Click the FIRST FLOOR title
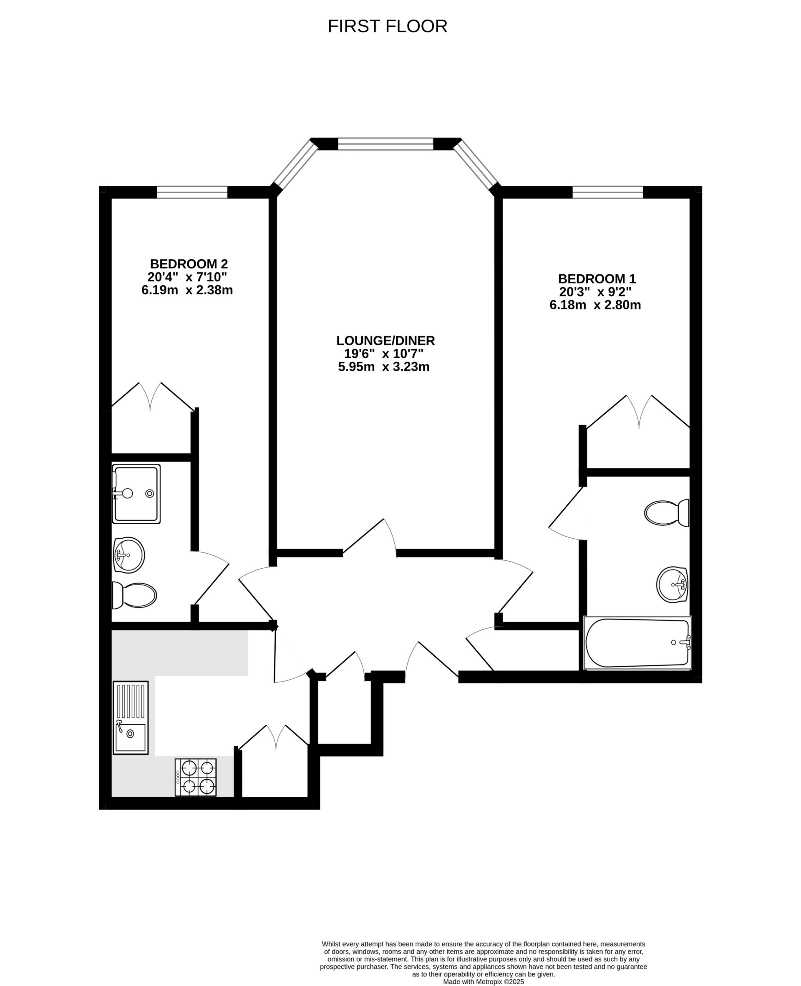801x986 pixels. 387,27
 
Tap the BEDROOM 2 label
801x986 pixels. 189,264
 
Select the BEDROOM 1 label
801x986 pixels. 597,279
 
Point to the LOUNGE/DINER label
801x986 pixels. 385,341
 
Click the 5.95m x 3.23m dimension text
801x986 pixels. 384,367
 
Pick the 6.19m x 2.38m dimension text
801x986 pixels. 187,291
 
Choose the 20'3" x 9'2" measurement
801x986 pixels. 595,292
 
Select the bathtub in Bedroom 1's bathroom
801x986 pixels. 637,643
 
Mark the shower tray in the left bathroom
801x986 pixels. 136,494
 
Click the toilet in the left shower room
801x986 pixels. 134,595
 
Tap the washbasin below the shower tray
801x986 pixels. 129,555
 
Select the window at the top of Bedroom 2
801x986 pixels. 192,192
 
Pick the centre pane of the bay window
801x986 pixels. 385,144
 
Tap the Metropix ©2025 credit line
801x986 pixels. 483,982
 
